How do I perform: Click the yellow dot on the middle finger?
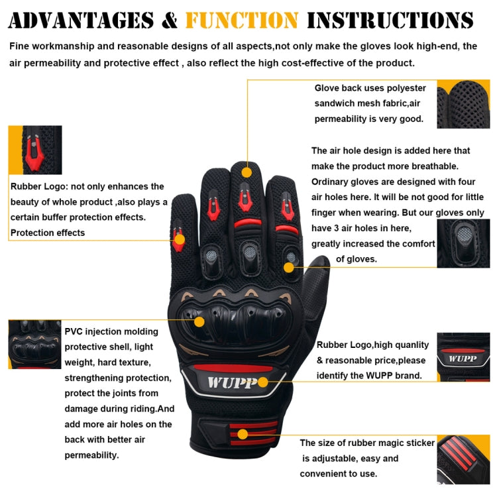[247, 172]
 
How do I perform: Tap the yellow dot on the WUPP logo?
[263, 382]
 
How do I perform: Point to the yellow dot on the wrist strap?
[243, 435]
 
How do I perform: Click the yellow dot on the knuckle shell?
[199, 321]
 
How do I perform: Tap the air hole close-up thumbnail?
[463, 243]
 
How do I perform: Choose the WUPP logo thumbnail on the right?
[463, 357]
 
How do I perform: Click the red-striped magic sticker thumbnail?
[463, 459]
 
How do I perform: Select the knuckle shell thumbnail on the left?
[34, 344]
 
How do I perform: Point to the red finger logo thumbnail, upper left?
[34, 150]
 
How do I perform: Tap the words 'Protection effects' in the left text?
[48, 233]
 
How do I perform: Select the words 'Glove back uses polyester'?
[370, 88]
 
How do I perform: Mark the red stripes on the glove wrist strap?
[252, 434]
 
